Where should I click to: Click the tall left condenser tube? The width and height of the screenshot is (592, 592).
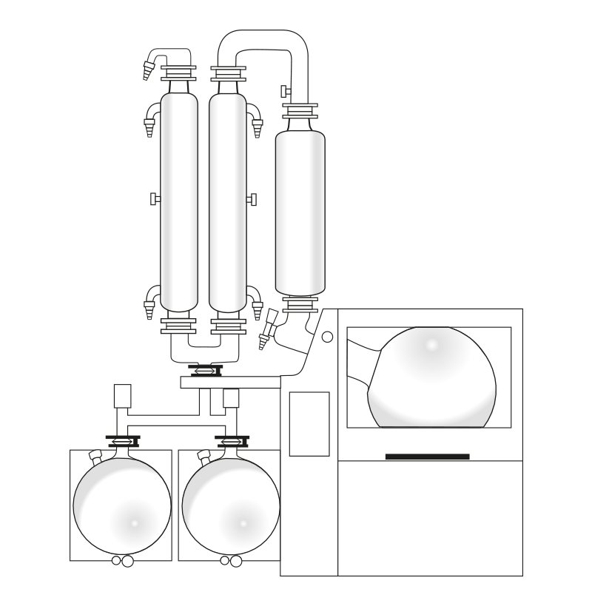(x=179, y=200)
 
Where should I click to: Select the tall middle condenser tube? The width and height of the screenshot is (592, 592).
(x=227, y=200)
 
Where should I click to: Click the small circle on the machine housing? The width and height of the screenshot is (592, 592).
(x=327, y=337)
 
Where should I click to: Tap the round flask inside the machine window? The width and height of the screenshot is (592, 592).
(x=433, y=377)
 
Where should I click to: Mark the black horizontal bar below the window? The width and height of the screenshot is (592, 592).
(x=427, y=457)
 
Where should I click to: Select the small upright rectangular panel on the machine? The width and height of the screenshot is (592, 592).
(x=309, y=423)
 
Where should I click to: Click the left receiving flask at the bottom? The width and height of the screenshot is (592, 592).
(x=122, y=507)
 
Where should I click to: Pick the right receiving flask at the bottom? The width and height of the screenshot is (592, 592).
(x=230, y=507)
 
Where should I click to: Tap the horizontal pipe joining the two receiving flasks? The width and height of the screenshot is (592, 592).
(x=176, y=420)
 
